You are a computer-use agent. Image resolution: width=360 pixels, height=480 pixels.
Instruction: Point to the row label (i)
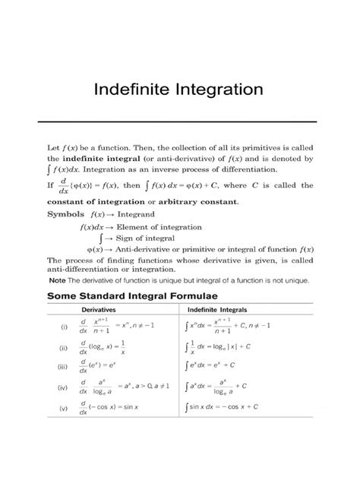[54, 328]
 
